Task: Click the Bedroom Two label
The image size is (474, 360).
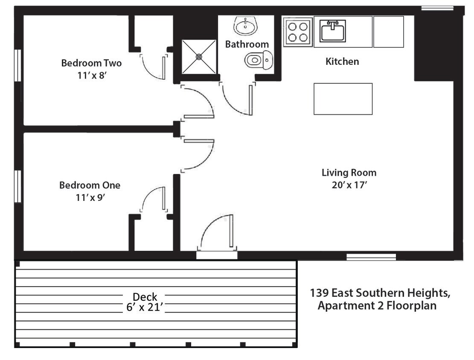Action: (91, 63)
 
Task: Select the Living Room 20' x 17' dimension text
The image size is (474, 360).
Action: (349, 186)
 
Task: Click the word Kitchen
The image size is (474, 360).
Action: (342, 61)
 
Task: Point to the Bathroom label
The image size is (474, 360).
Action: (247, 44)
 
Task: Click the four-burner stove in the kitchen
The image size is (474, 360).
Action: (298, 32)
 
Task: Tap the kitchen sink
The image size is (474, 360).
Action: (333, 31)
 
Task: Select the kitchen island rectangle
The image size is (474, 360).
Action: (343, 99)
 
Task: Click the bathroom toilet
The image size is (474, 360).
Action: (259, 60)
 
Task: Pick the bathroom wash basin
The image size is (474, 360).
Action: (245, 26)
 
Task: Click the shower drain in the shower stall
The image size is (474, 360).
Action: (199, 56)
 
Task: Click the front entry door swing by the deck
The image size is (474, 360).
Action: (218, 232)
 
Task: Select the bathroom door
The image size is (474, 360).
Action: (237, 99)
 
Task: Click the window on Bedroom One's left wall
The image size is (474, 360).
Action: (18, 186)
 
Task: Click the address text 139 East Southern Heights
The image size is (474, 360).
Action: (380, 293)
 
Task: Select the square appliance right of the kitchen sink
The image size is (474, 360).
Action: (388, 32)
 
